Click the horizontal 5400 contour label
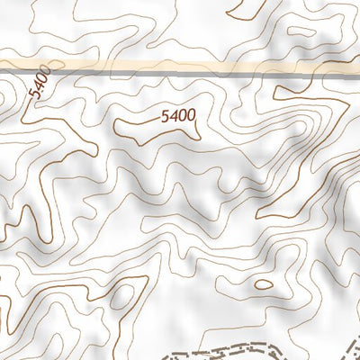[x=177, y=115]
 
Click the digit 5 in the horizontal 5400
[x=165, y=115]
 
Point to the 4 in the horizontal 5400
[x=173, y=115]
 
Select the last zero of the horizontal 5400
[x=190, y=115]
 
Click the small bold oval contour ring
[x=263, y=284]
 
